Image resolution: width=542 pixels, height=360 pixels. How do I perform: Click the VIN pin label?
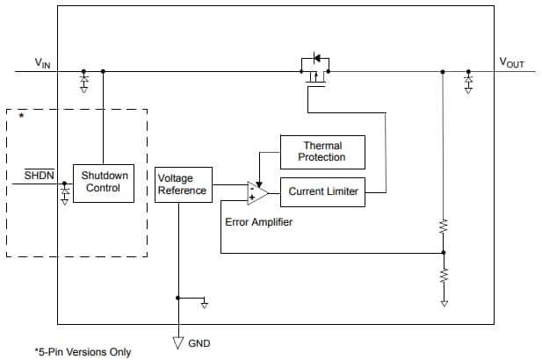click(42, 62)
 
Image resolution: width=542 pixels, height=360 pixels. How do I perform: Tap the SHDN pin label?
click(39, 176)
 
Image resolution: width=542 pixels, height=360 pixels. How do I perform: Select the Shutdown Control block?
click(104, 182)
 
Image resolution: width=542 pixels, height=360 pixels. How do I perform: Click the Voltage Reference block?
click(183, 184)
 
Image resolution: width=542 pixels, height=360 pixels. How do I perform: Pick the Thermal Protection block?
click(322, 152)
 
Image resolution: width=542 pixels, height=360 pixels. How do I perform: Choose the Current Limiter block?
click(322, 191)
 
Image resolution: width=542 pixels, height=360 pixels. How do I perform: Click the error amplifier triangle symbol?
click(257, 191)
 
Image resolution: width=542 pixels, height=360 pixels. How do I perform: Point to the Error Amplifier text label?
click(259, 222)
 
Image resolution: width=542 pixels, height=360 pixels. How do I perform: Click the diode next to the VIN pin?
click(84, 80)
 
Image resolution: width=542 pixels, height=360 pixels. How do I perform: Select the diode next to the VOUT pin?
click(468, 80)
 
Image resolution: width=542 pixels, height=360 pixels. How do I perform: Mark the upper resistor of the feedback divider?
click(444, 227)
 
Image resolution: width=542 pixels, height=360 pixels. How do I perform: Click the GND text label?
click(199, 342)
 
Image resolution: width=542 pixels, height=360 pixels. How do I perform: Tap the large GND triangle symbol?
click(178, 342)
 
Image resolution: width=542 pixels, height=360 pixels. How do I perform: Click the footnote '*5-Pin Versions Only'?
click(83, 352)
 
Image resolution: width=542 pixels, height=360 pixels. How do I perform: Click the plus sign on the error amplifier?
click(251, 197)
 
